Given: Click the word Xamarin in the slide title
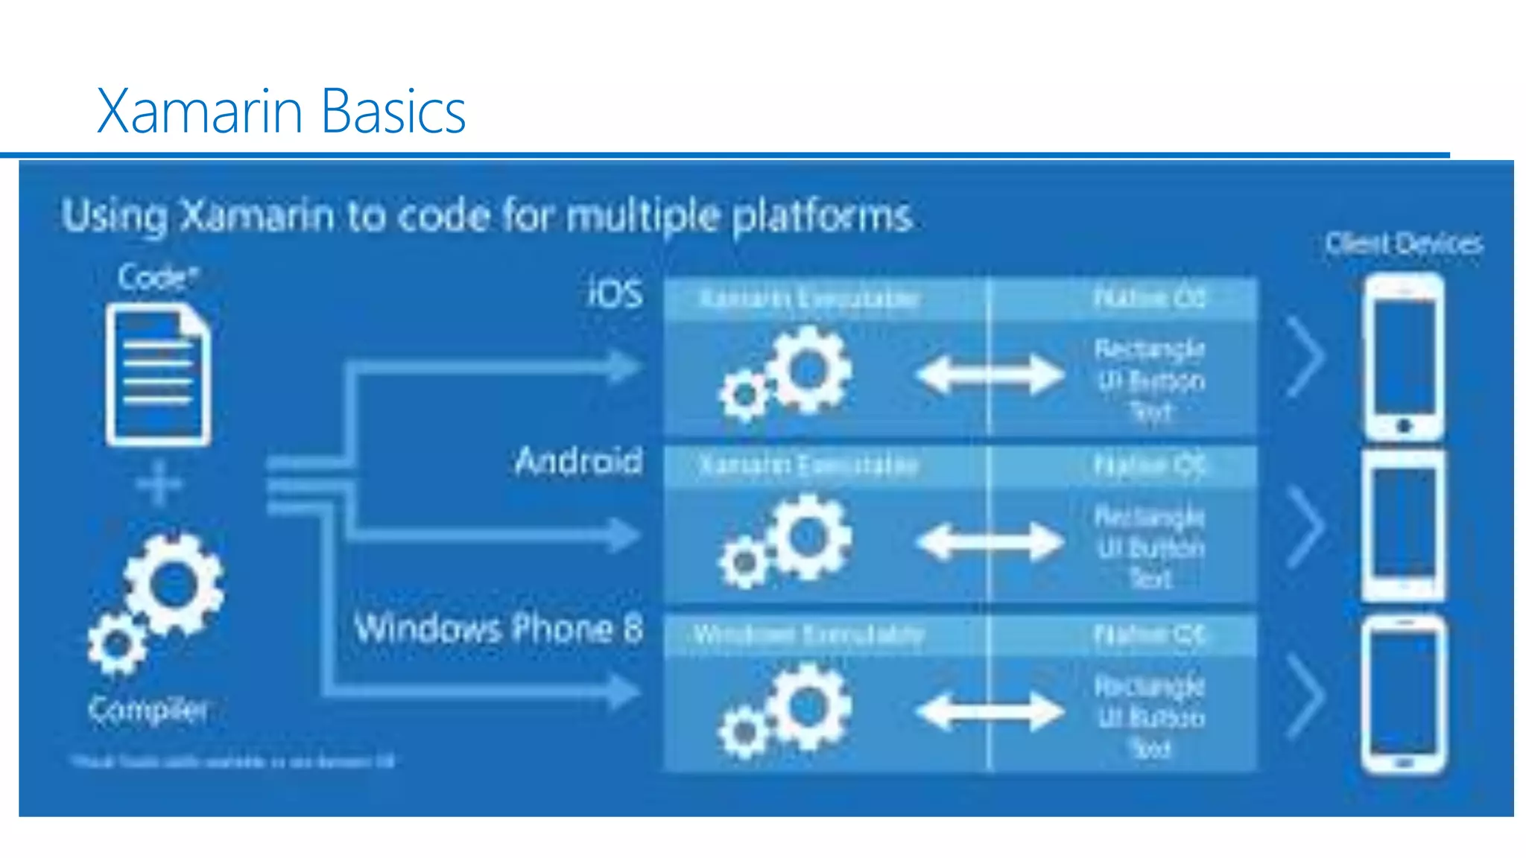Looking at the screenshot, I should [x=200, y=111].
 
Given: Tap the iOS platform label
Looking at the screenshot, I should [x=615, y=293].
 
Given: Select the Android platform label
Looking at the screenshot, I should [x=578, y=461].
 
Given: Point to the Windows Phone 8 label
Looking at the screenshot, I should [x=498, y=628].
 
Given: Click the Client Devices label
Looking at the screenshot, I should [x=1404, y=244].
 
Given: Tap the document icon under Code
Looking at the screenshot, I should [x=158, y=376].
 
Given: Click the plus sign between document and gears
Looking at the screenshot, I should [x=159, y=484].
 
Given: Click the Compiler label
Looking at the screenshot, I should [x=148, y=709].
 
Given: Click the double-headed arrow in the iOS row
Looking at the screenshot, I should [x=990, y=374].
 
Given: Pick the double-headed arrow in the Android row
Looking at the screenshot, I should [x=990, y=541].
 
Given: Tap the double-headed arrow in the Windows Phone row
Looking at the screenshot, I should [x=990, y=711].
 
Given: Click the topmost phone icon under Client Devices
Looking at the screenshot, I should [x=1403, y=357].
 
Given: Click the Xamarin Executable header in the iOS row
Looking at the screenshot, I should [x=808, y=299].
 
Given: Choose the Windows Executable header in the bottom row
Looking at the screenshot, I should [x=808, y=635].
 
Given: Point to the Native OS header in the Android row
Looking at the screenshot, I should [x=1149, y=465].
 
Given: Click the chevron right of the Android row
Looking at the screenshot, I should [x=1306, y=527].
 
